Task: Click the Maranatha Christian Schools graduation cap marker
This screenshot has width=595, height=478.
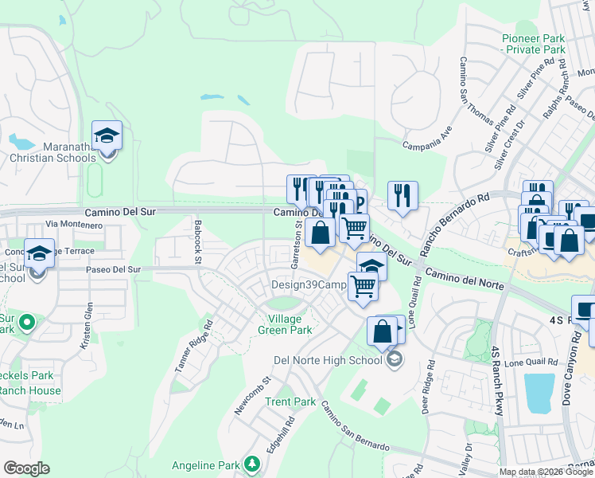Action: coord(107,137)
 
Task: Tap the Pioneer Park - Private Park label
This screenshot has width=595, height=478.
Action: coord(534,44)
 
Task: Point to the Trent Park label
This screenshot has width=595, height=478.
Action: coord(290,402)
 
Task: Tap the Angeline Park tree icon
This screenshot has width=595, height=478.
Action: coord(252,463)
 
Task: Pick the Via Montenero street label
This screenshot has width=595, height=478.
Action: coord(75,225)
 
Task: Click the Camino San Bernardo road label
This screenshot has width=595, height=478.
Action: coord(354,425)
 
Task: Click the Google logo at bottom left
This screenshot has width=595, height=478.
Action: coord(26,468)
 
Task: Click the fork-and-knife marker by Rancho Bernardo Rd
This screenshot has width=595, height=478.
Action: coord(402,195)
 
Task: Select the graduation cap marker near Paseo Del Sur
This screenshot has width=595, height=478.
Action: coord(39,253)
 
